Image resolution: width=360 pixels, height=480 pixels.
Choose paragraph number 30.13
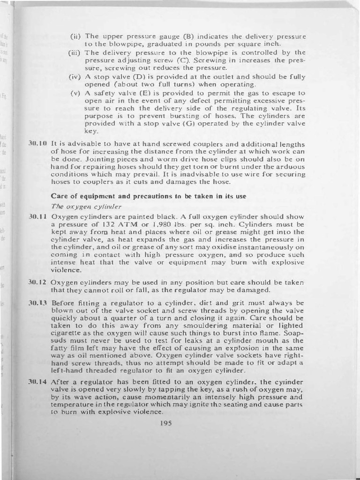coord(38,303)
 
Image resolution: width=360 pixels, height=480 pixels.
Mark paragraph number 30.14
coord(38,382)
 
